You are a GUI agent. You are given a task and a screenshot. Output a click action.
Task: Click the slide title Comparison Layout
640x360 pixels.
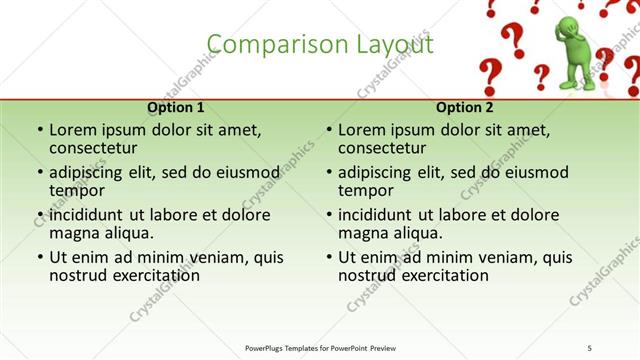pos(320,45)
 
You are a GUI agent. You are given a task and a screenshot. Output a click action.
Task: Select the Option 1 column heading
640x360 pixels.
pos(176,108)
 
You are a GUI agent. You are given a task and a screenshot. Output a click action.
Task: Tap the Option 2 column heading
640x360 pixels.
pos(464,108)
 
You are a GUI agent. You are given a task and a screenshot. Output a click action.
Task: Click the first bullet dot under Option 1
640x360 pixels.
pos(40,130)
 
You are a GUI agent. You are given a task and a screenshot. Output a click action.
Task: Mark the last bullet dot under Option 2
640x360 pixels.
pos(329,257)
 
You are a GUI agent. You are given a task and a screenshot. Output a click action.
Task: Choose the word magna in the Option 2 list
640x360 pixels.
pos(362,233)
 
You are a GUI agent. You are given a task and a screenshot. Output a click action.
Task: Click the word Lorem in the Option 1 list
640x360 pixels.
pos(73,130)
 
